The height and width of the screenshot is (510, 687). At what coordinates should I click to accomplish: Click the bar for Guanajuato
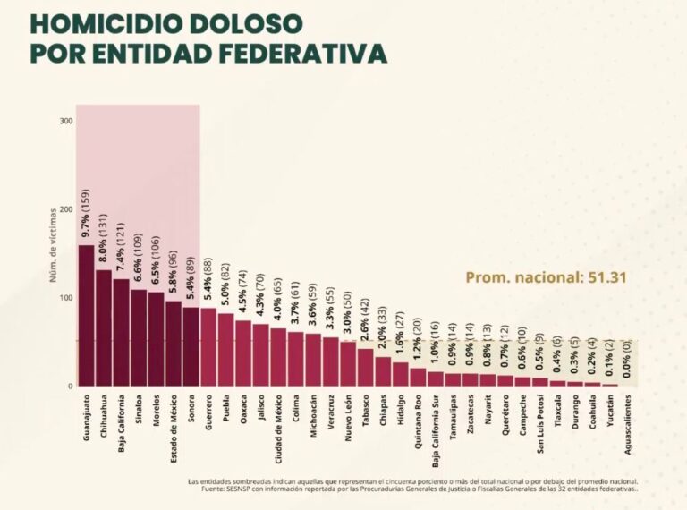[86, 316]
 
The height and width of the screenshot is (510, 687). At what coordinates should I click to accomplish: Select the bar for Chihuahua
[104, 327]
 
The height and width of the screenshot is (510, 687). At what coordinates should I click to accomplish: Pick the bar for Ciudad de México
[278, 357]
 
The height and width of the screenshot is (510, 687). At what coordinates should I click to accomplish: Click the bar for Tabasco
[365, 367]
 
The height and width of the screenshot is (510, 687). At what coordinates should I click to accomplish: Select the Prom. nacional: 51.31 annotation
[546, 277]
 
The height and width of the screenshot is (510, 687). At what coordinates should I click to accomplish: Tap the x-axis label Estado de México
[173, 426]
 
